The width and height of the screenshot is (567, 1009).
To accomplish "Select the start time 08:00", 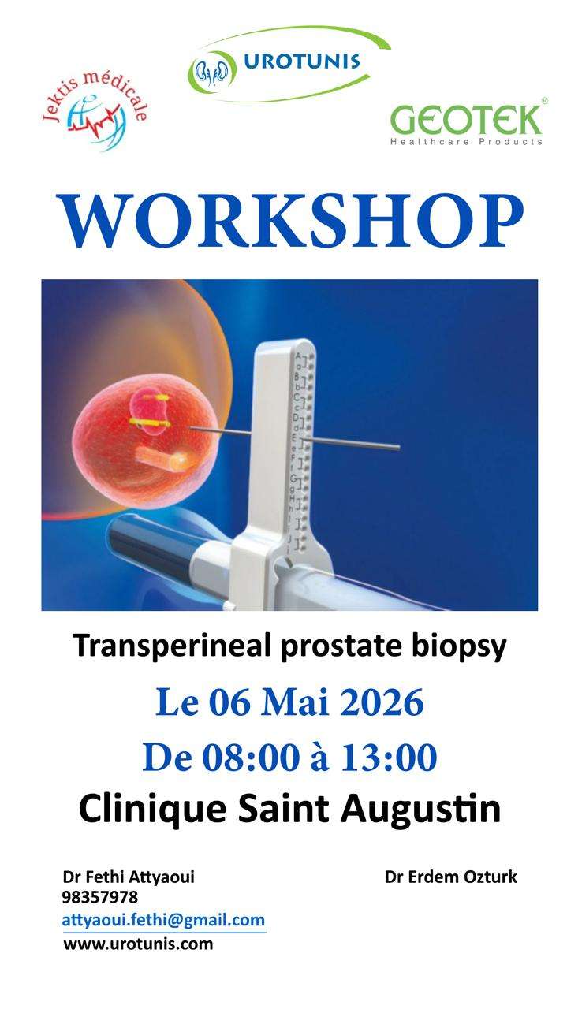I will tap(250, 758).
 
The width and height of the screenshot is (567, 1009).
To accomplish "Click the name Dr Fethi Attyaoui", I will tap(129, 877).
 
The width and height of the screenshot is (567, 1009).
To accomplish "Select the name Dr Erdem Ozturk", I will tap(451, 877).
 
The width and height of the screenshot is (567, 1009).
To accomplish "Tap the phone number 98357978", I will tap(100, 897).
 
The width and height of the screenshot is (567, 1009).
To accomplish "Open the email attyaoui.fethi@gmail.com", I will tap(163, 920).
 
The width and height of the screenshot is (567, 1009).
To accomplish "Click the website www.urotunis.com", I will tap(138, 944).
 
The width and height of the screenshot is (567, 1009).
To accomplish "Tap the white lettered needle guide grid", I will tap(304, 441).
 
